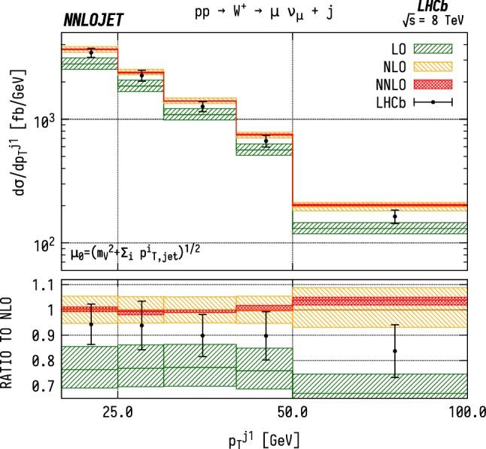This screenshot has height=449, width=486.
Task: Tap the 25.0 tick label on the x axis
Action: point(117,412)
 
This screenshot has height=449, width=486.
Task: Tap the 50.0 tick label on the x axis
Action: point(292,412)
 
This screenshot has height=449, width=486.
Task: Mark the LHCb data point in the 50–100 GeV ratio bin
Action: point(395,350)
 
